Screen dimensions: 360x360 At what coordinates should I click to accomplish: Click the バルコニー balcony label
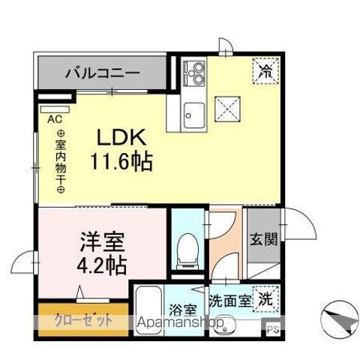[101, 73]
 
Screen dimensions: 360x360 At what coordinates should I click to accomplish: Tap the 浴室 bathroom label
[183, 307]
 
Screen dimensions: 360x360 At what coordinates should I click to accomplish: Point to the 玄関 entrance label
[264, 240]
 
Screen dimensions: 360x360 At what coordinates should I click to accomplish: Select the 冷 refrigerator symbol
[265, 72]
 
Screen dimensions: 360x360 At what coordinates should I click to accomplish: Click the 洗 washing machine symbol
[265, 298]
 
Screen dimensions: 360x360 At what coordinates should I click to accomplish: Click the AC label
[55, 118]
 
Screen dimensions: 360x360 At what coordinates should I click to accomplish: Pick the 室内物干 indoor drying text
[60, 161]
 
